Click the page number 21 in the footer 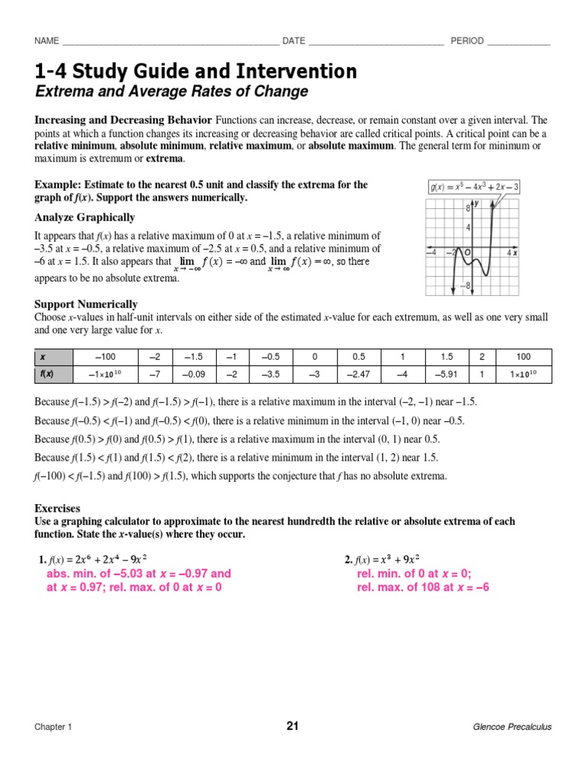292,726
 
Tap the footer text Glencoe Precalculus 512,727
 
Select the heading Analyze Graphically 85,217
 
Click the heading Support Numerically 86,304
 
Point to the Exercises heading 57,508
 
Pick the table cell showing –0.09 195,374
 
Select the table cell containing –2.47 359,374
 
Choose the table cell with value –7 155,374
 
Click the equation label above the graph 473,187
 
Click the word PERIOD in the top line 467,41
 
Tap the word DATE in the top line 295,41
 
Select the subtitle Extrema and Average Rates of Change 172,92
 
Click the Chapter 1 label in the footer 53,727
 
